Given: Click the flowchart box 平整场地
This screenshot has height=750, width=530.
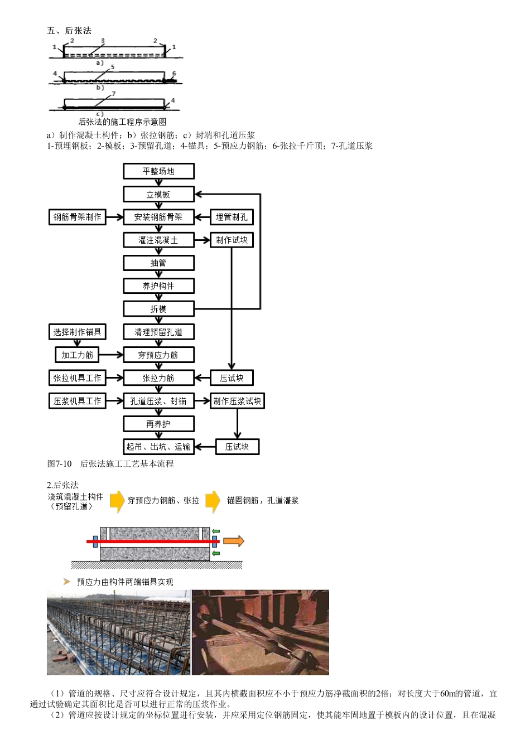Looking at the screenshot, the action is [158, 171].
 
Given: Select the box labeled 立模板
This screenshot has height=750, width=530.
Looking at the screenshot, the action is [158, 194].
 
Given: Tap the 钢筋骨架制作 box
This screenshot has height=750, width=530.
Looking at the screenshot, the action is [77, 217].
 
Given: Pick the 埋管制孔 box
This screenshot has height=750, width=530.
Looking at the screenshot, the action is [232, 217].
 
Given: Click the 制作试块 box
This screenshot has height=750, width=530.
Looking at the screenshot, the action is [232, 240].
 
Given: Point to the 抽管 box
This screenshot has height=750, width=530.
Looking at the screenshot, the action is [158, 263].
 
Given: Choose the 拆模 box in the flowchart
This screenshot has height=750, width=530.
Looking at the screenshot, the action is [158, 308].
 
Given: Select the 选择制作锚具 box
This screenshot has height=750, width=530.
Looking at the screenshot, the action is [77, 332].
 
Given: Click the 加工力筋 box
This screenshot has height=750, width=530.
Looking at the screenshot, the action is [77, 355].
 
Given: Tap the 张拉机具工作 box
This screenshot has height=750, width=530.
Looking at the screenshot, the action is [77, 378].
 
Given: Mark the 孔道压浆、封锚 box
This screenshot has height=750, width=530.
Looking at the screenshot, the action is [158, 400].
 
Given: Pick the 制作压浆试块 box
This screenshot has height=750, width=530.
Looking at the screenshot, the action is [237, 400].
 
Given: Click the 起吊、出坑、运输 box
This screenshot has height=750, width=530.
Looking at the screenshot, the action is [158, 446].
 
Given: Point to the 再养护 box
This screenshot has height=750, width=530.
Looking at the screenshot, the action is [158, 424].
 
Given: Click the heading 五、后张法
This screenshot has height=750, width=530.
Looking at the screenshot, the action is [69, 30].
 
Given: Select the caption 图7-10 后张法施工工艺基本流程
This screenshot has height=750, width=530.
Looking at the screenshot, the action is [110, 463].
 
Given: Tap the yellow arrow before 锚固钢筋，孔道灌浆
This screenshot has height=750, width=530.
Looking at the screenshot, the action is [213, 501].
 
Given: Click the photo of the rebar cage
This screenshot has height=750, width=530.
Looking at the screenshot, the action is [118, 632].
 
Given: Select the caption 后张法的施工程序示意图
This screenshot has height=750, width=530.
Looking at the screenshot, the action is [122, 122].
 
